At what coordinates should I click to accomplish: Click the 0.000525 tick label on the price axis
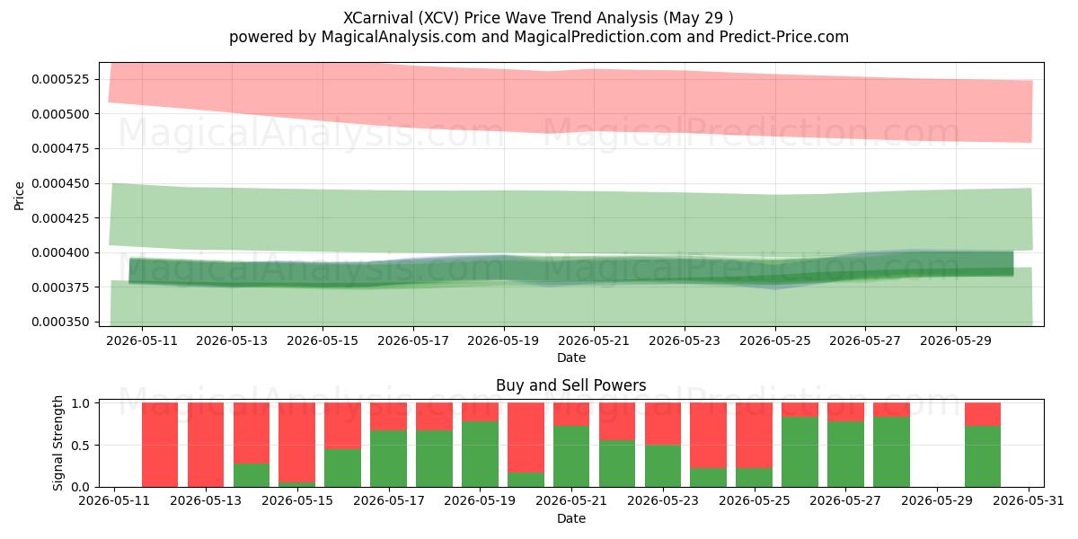point(60,79)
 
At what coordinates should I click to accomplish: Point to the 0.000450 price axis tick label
point(60,183)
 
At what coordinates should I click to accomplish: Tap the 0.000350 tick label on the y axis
point(60,322)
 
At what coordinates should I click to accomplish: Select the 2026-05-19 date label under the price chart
point(503,340)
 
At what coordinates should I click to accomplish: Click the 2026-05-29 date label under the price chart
point(956,340)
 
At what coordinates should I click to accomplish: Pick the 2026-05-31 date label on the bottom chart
point(1029,501)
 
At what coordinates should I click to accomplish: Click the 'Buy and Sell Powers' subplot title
point(570,385)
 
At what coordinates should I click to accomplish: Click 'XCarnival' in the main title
point(378,18)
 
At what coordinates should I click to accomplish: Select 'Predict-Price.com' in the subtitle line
point(784,37)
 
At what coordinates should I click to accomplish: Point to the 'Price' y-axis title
point(19,196)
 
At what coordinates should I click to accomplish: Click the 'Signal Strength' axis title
point(57,443)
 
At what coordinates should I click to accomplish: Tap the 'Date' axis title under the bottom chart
point(570,519)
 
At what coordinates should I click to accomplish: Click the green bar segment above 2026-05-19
point(480,455)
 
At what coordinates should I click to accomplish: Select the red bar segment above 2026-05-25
point(754,435)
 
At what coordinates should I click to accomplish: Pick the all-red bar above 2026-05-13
point(206,445)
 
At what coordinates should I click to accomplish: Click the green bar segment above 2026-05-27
point(845,455)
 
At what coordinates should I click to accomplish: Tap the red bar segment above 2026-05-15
point(297,442)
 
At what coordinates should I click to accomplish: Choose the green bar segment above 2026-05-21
point(571,456)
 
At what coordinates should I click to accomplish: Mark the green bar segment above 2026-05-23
point(663,466)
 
